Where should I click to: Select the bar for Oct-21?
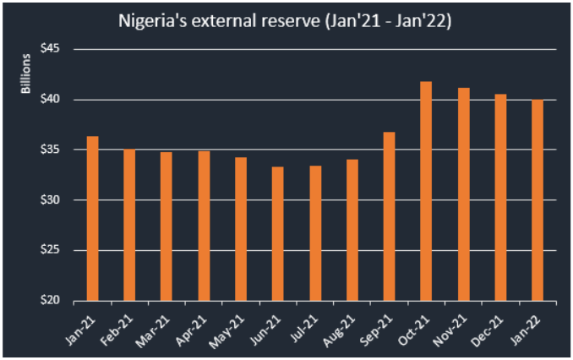pyautogui.click(x=426, y=191)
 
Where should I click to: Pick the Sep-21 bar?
pyautogui.click(x=389, y=216)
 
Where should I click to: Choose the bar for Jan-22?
pyautogui.click(x=538, y=200)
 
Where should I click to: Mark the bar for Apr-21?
pyautogui.click(x=204, y=226)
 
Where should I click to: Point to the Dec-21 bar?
pyautogui.click(x=500, y=198)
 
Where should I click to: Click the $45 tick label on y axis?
pyautogui.click(x=52, y=49)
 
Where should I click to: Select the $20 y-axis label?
pyautogui.click(x=52, y=301)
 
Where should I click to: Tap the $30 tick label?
pyautogui.click(x=52, y=200)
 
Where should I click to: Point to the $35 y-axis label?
pyautogui.click(x=52, y=150)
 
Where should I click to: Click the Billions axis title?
pyautogui.click(x=26, y=74)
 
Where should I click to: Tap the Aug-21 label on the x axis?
pyautogui.click(x=341, y=325)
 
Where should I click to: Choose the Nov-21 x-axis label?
pyautogui.click(x=452, y=325)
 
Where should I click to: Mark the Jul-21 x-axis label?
pyautogui.click(x=305, y=325)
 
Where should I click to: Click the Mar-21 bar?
pyautogui.click(x=166, y=226)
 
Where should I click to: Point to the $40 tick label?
pyautogui.click(x=52, y=100)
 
